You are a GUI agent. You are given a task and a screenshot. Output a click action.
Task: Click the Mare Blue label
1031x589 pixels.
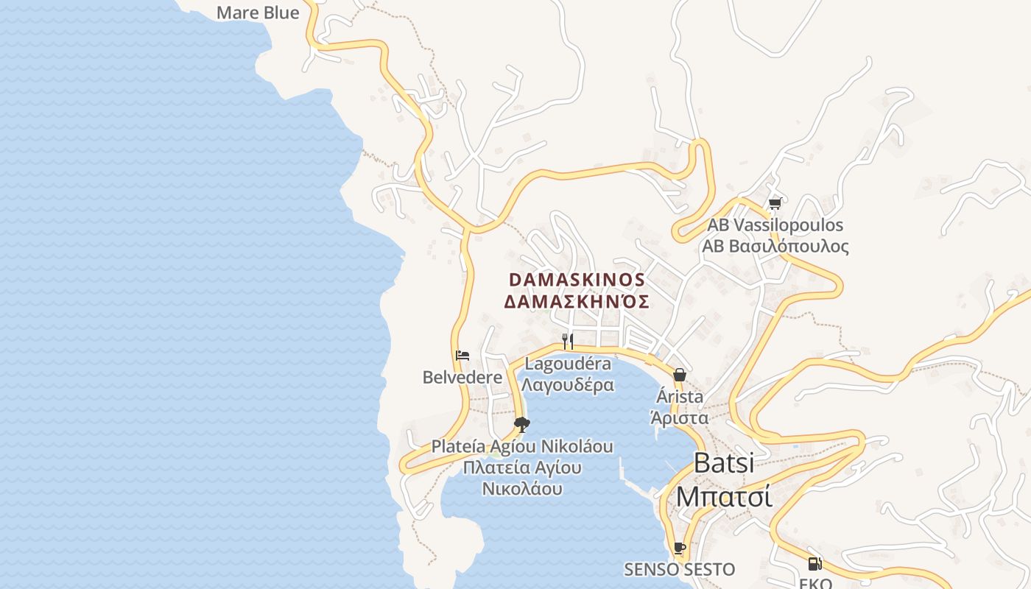[x=258, y=13]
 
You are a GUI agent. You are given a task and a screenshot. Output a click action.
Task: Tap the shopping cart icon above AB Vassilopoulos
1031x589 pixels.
[x=774, y=203]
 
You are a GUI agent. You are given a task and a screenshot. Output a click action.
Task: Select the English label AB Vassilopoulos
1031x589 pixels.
[x=775, y=225]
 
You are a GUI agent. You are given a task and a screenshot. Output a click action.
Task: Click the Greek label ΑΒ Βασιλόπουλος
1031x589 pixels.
[x=775, y=246]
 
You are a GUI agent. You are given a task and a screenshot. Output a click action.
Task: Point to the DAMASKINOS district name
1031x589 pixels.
[x=577, y=281]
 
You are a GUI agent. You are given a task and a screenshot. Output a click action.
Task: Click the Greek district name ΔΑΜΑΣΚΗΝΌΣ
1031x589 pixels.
[x=577, y=301]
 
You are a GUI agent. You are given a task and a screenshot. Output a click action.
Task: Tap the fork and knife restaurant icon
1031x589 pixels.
[x=567, y=341]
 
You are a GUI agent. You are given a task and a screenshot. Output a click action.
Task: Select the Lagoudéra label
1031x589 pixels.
[x=567, y=364]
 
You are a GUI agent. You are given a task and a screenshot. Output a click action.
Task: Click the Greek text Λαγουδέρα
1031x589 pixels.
[x=567, y=384]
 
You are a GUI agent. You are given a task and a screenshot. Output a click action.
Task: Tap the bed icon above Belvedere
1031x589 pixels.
[x=462, y=356]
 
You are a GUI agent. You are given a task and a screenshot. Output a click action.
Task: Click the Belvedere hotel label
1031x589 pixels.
[x=462, y=377]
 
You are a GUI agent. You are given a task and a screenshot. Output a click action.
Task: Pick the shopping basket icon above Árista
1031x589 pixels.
[x=679, y=375]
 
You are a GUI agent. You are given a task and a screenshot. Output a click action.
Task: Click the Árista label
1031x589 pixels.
[x=679, y=397]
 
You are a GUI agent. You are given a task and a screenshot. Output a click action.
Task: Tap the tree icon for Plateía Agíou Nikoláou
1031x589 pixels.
[x=522, y=424]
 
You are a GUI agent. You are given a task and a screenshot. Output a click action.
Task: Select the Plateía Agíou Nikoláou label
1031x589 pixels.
[x=522, y=446]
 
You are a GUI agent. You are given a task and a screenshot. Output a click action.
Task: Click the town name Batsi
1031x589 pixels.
[x=724, y=463]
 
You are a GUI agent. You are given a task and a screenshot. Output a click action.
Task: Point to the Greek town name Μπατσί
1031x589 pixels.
[x=724, y=495]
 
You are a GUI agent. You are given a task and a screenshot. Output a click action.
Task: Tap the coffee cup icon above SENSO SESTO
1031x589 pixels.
[x=679, y=549]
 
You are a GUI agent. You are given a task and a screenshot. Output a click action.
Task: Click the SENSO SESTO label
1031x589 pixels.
[x=679, y=569]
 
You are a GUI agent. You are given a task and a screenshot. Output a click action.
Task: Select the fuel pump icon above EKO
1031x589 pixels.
[x=814, y=564]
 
